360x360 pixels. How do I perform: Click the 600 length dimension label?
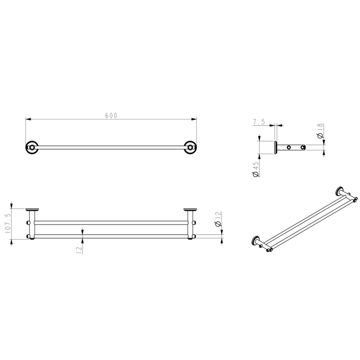(111, 116)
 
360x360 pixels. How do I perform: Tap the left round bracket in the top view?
(31, 147)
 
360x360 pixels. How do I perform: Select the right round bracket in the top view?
(189, 147)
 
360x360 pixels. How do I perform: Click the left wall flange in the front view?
(33, 209)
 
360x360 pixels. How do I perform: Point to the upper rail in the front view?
(111, 222)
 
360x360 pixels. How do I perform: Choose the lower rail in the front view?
(111, 236)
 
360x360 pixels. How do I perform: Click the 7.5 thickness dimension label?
(259, 123)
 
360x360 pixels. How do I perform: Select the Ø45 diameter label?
(255, 169)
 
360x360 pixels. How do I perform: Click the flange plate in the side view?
(276, 147)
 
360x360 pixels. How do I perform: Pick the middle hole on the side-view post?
(289, 147)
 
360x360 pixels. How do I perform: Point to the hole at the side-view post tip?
(302, 147)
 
